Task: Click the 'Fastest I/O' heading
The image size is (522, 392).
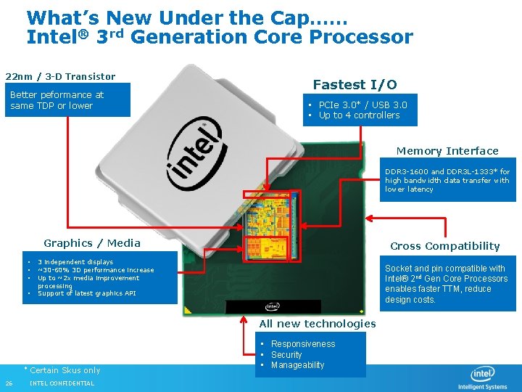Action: pos(355,84)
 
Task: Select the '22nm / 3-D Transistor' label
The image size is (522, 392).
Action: pos(60,76)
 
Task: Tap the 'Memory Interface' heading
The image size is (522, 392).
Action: pos(447,151)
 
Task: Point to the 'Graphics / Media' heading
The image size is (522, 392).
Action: pos(92,243)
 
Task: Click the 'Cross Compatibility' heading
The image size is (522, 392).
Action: pos(445,246)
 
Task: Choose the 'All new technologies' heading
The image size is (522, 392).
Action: pos(318,324)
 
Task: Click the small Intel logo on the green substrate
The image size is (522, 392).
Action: pos(273,306)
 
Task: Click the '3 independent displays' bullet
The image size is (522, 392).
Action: pos(75,262)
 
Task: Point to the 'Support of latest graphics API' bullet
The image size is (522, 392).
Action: pos(86,293)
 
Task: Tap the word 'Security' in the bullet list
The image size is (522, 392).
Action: pos(286,355)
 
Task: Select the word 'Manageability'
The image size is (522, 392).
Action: pos(297,365)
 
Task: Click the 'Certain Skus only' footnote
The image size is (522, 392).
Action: pos(65,370)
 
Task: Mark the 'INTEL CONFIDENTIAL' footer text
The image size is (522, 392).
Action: pos(62,383)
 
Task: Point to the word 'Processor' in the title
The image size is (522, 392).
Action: pos(358,36)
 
